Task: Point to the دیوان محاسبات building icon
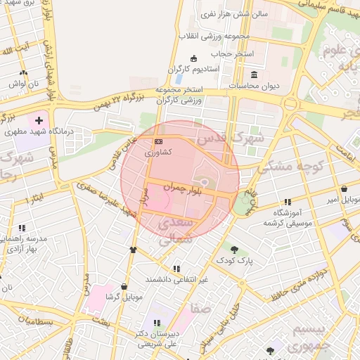254,75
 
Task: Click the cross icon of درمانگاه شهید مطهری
39,121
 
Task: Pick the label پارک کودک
234,260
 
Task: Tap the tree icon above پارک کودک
234,250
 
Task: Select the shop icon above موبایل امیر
344,188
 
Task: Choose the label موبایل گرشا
124,297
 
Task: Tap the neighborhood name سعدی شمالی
173,231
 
